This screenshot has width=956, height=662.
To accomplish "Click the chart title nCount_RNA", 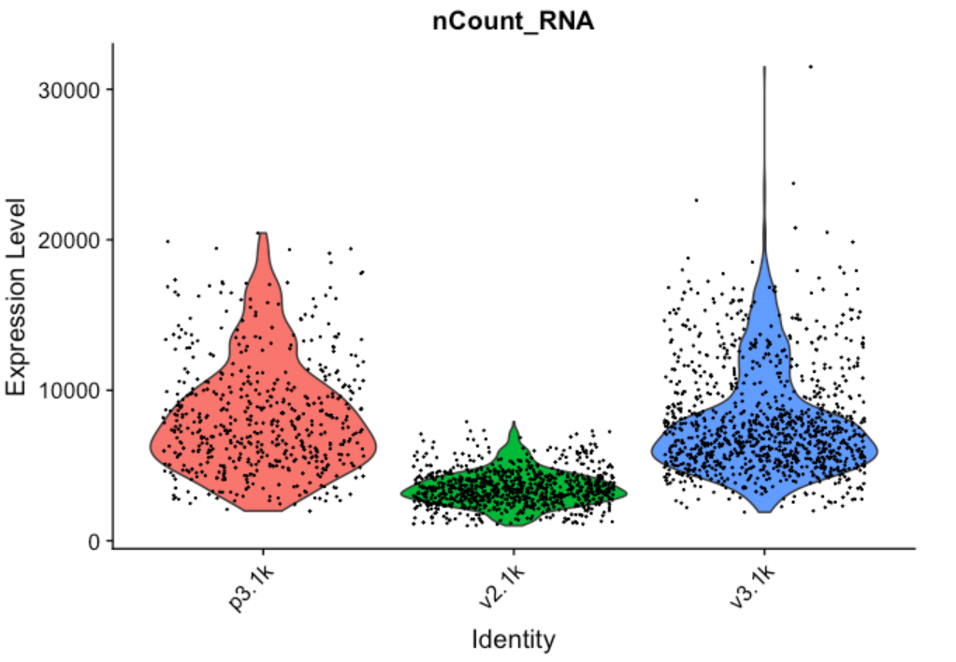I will point(513,22).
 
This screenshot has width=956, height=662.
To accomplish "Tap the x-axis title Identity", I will point(513,640).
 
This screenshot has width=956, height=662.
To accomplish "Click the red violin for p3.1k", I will point(263,421).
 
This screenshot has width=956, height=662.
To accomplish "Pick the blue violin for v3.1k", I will point(764,439).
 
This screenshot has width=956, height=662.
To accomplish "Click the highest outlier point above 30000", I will point(810,66).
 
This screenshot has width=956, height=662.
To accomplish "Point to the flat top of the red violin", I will point(263,234).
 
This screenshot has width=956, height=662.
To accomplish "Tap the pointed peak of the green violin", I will point(514,425).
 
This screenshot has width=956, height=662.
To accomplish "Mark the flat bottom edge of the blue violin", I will point(764,511).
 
